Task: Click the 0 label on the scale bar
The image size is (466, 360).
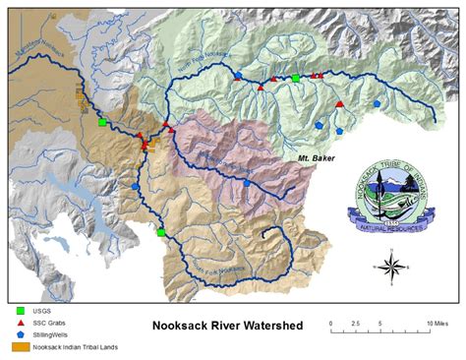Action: coord(331,323)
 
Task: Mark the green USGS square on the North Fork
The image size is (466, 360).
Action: coord(295,77)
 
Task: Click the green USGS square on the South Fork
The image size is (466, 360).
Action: coord(161,233)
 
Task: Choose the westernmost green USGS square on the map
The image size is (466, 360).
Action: coord(102,123)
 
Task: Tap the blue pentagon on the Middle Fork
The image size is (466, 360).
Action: coord(246,183)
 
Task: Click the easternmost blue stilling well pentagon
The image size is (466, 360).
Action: coord(377,102)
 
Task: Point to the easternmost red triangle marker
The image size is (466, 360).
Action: coord(339,103)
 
